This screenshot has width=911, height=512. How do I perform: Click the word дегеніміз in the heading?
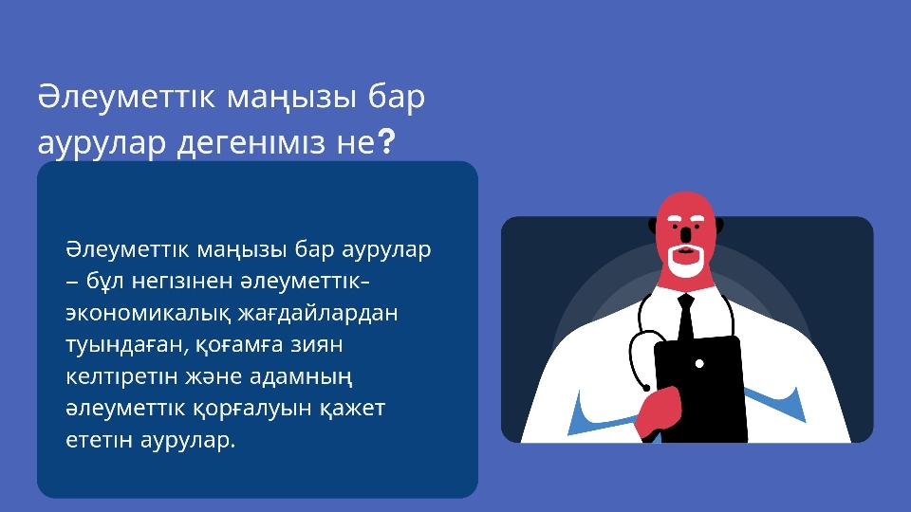pyautogui.click(x=251, y=143)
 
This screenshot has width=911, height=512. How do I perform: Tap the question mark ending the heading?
pyautogui.click(x=386, y=142)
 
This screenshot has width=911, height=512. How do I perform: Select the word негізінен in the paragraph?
pyautogui.click(x=182, y=282)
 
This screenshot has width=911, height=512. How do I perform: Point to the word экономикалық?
pyautogui.click(x=149, y=314)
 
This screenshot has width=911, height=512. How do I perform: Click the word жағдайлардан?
pyautogui.click(x=318, y=314)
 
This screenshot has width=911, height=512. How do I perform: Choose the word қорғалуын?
pyautogui.click(x=252, y=409)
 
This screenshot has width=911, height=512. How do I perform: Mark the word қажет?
pyautogui.click(x=352, y=409)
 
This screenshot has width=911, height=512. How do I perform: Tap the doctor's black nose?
pyautogui.click(x=686, y=234)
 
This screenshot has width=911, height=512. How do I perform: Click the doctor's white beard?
pyautogui.click(x=686, y=262)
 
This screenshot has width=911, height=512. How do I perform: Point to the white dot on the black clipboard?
pyautogui.click(x=699, y=364)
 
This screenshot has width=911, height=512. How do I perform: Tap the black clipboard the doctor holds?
pyautogui.click(x=700, y=388)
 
